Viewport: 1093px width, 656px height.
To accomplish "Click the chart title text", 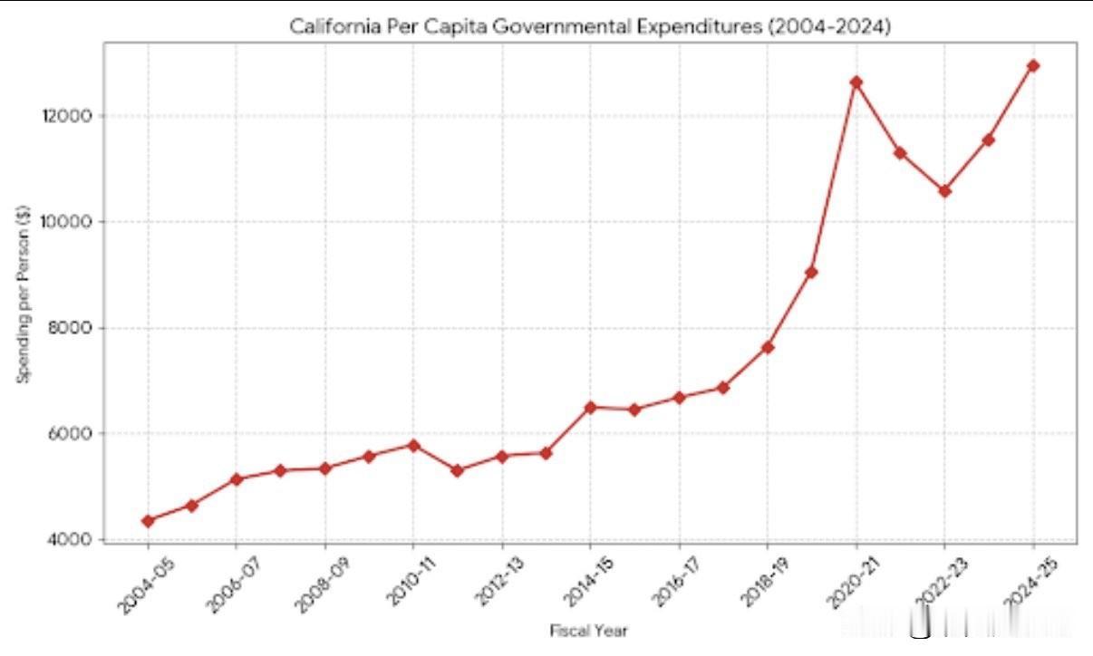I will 590,27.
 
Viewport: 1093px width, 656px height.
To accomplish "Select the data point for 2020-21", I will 856,82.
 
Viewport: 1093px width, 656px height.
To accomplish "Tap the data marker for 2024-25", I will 1033,66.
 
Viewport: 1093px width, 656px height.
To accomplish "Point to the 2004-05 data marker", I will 148,521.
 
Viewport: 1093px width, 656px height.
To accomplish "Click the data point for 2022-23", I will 945,191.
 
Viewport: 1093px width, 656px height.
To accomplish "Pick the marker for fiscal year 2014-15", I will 590,408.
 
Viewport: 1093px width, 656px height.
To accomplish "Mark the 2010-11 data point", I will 413,445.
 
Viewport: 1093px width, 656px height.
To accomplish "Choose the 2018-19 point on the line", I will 768,347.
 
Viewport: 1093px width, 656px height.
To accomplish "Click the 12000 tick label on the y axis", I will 73,116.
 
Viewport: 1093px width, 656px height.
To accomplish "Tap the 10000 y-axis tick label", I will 73,222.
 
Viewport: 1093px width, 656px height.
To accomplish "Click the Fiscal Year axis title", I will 589,631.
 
